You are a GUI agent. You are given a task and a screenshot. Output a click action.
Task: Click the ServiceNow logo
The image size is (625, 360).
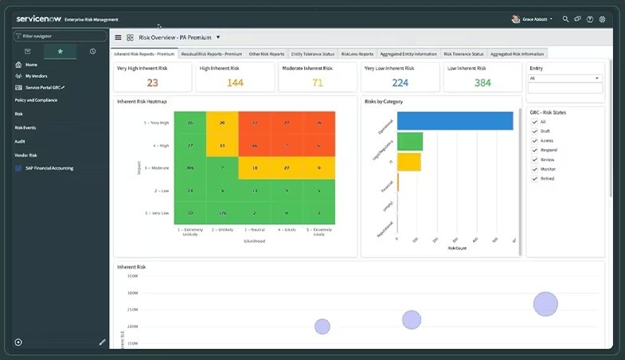(x=38, y=18)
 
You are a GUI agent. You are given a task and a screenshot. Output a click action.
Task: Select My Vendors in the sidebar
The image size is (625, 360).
(x=37, y=76)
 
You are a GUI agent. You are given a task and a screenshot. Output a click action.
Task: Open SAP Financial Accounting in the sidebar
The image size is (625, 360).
(x=49, y=168)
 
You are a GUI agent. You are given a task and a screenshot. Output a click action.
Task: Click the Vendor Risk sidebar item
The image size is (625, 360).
(x=26, y=155)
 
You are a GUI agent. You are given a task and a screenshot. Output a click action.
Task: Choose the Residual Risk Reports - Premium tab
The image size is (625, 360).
(x=211, y=54)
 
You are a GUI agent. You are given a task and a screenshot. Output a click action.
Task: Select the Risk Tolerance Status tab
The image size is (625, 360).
(x=463, y=54)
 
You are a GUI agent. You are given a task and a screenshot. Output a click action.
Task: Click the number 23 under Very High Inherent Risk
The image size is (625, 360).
(x=152, y=83)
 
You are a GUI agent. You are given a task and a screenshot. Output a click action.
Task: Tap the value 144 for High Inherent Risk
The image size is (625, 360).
(x=235, y=83)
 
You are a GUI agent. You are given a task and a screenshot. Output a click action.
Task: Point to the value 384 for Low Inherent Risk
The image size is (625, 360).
(x=482, y=83)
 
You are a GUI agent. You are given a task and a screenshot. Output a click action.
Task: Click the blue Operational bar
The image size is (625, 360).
(x=455, y=121)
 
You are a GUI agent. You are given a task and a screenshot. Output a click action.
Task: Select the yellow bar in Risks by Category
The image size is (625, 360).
(x=408, y=162)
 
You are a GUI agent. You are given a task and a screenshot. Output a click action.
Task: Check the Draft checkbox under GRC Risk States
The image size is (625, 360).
(x=534, y=131)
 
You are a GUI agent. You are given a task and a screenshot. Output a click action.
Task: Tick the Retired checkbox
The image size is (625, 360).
(x=534, y=178)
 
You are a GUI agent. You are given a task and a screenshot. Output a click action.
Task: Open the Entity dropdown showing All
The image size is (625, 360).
(x=564, y=78)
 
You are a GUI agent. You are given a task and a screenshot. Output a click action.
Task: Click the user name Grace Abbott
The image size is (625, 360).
(x=535, y=19)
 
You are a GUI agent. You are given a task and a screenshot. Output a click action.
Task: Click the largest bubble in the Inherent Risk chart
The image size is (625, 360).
(x=545, y=303)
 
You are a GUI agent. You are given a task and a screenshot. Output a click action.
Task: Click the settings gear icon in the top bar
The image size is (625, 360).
(x=603, y=19)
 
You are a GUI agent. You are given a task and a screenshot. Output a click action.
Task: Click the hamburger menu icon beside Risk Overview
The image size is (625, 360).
(x=119, y=37)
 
